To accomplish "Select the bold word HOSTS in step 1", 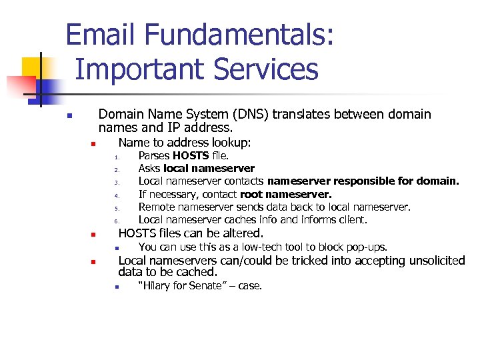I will pyautogui.click(x=191, y=156).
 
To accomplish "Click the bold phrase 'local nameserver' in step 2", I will pyautogui.click(x=209, y=169).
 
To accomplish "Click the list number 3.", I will pyautogui.click(x=116, y=183).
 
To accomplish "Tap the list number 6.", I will pyautogui.click(x=116, y=221).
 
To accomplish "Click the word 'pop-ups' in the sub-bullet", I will pyautogui.click(x=368, y=247).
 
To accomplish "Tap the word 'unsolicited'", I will pyautogui.click(x=434, y=261).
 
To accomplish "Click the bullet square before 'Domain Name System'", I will pyautogui.click(x=69, y=116).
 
